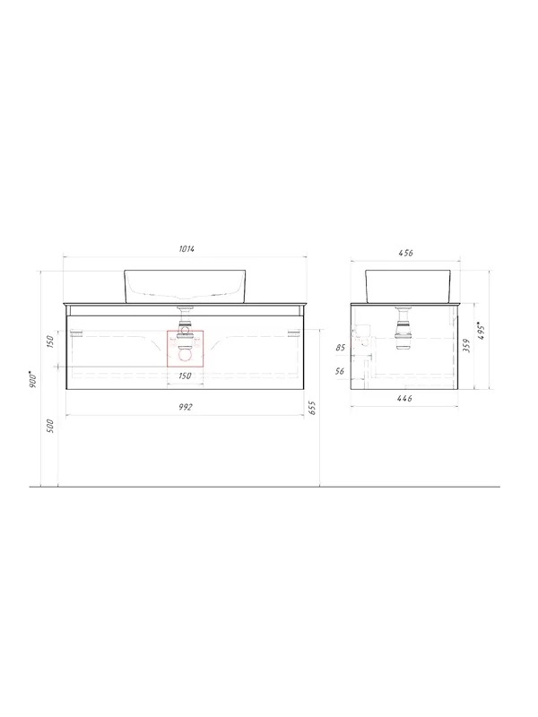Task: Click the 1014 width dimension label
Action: click(187, 249)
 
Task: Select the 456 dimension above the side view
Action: click(406, 253)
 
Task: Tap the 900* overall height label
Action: click(33, 379)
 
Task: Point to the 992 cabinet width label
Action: click(185, 407)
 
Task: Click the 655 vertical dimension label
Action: click(313, 408)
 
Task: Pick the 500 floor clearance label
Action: click(50, 427)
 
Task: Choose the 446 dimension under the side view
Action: click(404, 399)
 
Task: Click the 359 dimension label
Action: click(465, 346)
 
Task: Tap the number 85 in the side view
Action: click(341, 348)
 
